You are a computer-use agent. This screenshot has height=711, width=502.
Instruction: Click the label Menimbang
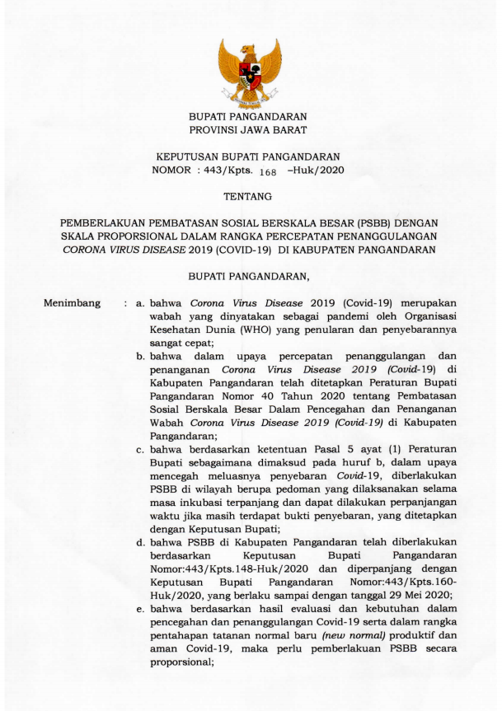(x=73, y=304)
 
